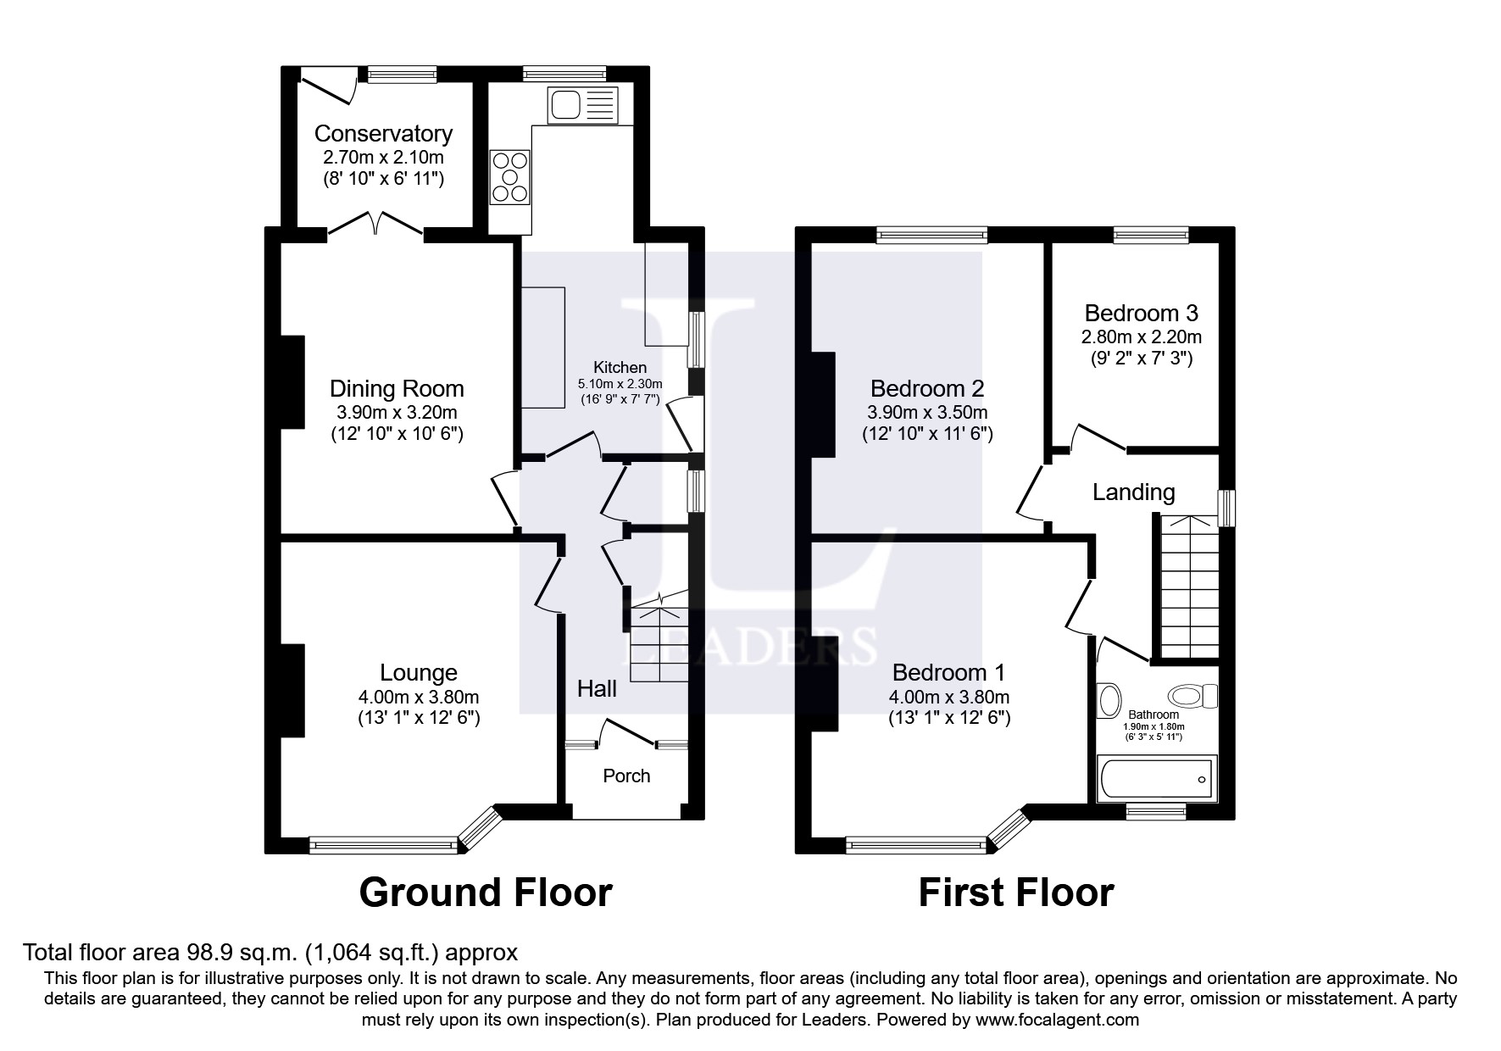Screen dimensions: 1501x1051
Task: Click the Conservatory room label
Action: (x=383, y=134)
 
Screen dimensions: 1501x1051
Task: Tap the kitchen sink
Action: (x=584, y=105)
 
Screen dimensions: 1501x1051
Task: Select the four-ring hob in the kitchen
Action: (x=510, y=177)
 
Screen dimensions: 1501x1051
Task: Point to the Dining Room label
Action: (x=397, y=389)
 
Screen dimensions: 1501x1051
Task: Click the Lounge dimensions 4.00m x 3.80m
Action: (x=419, y=698)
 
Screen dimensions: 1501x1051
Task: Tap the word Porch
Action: (x=626, y=776)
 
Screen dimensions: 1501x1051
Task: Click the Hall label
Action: (x=597, y=688)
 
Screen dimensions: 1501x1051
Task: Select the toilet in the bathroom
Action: (x=1192, y=697)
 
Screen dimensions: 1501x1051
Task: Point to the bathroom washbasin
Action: (x=1107, y=699)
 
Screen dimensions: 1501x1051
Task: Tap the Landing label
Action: (x=1133, y=492)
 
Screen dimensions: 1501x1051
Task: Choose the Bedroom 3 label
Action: (x=1141, y=314)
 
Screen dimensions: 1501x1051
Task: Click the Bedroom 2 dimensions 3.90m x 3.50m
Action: (x=927, y=413)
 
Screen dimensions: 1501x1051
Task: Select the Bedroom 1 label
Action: (x=948, y=673)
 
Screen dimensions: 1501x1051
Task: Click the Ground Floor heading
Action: (x=486, y=893)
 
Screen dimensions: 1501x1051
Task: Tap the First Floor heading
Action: (x=1016, y=893)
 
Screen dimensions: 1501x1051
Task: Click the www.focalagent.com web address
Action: (x=1055, y=1020)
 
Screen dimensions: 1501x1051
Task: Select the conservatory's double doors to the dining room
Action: (x=375, y=223)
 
